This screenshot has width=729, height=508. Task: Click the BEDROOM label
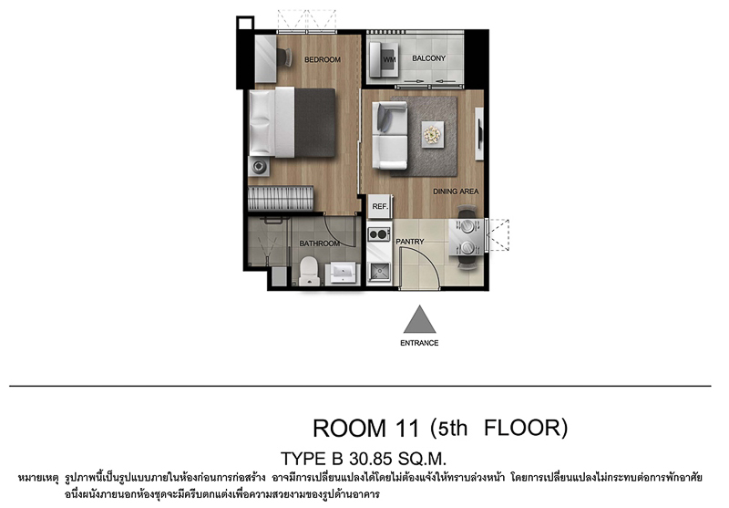click(323, 59)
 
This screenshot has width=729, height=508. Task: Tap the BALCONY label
click(428, 58)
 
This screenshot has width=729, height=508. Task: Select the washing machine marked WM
click(384, 59)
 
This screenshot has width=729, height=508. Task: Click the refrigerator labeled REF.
click(380, 206)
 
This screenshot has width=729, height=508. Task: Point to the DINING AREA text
click(456, 192)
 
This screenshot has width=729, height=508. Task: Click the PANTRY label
click(409, 242)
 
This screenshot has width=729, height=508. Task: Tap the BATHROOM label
click(320, 244)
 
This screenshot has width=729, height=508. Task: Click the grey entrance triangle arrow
click(419, 319)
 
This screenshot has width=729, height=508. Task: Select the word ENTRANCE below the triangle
click(419, 343)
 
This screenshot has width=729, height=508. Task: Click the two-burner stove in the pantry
click(379, 233)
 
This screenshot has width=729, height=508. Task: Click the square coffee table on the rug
click(432, 134)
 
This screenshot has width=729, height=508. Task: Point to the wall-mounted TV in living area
click(479, 134)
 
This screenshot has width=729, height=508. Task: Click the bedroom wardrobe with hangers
click(281, 198)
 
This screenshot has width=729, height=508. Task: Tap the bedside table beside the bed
click(259, 167)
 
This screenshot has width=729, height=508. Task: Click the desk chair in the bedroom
click(284, 57)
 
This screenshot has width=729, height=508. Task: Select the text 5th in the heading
click(453, 428)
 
